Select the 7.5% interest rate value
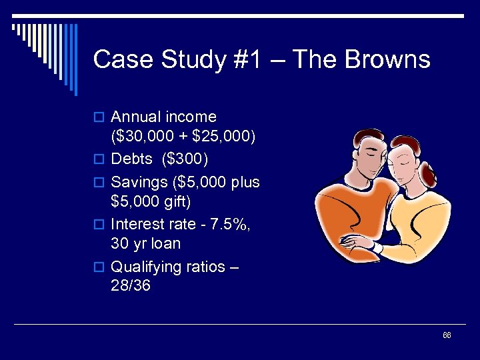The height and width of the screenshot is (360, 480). coord(228,225)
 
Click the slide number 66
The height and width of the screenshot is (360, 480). coord(447,335)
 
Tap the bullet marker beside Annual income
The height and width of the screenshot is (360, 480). coord(101,118)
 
